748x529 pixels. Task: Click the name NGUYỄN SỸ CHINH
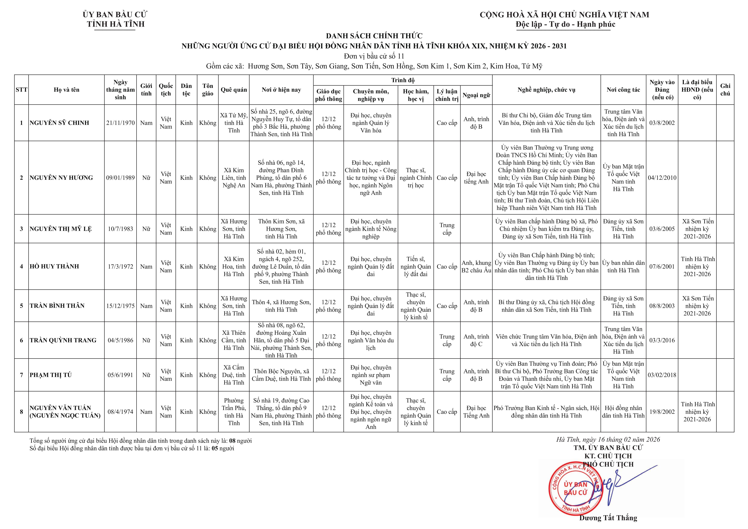click(x=59, y=123)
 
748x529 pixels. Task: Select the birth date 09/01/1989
click(x=120, y=177)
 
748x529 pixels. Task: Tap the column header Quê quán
click(x=234, y=90)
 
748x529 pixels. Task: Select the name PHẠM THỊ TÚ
click(x=51, y=375)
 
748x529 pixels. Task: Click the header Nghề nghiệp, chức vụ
click(x=546, y=90)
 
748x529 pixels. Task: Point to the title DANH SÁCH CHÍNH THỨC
click(x=374, y=36)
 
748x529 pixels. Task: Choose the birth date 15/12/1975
click(x=120, y=306)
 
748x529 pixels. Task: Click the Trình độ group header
click(x=403, y=80)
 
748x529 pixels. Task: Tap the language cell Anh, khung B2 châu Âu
click(x=476, y=266)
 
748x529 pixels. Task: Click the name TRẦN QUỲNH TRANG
click(x=63, y=340)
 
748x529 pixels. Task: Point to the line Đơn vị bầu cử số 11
click(x=374, y=56)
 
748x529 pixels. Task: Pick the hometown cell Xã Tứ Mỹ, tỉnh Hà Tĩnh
click(x=234, y=123)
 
